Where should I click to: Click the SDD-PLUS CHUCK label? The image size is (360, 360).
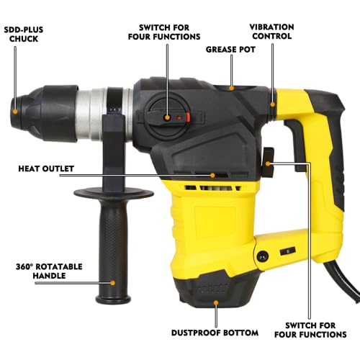[30, 34]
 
